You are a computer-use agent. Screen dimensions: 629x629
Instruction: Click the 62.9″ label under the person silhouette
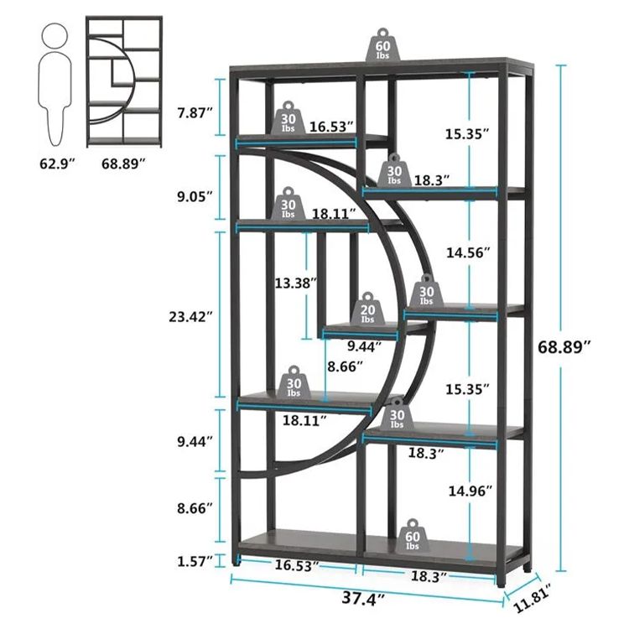57,164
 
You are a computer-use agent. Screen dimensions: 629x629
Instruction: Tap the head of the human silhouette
55,35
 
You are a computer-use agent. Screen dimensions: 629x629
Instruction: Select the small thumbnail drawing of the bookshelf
124,81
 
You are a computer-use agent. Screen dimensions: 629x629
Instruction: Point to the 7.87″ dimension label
195,113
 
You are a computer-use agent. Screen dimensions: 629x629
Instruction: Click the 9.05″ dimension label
195,197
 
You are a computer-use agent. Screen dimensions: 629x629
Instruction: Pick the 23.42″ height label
190,317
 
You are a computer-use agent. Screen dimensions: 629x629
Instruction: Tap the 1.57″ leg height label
195,561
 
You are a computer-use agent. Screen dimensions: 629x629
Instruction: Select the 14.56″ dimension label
469,252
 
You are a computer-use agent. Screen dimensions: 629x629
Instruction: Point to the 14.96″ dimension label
470,491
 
